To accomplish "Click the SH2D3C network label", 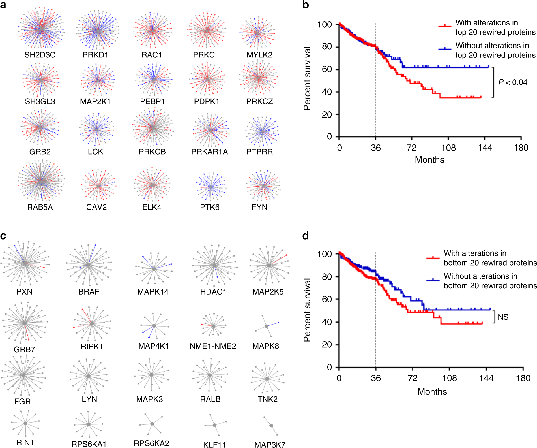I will (x=40, y=55).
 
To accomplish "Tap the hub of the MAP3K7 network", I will (x=271, y=426).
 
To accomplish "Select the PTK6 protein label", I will (x=210, y=207).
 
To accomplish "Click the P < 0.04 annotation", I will (x=513, y=82).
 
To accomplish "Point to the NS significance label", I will (x=503, y=317).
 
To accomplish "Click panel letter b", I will (x=306, y=5).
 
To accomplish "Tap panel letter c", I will (x=3, y=236).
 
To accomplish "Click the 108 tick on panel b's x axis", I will (x=448, y=148).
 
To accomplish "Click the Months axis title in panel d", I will (x=432, y=392).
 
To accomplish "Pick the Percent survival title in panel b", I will (x=307, y=78).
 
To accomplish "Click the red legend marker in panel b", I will (x=445, y=26).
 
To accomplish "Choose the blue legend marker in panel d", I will (x=433, y=280).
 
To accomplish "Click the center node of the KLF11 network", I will (x=214, y=425).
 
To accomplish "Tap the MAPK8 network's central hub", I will (x=266, y=326).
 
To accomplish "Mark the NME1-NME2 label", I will (x=213, y=346).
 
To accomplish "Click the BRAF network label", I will (x=89, y=292).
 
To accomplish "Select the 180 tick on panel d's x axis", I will (x=523, y=378).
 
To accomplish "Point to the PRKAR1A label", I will (x=209, y=152).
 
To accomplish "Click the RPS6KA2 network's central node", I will (x=152, y=424).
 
